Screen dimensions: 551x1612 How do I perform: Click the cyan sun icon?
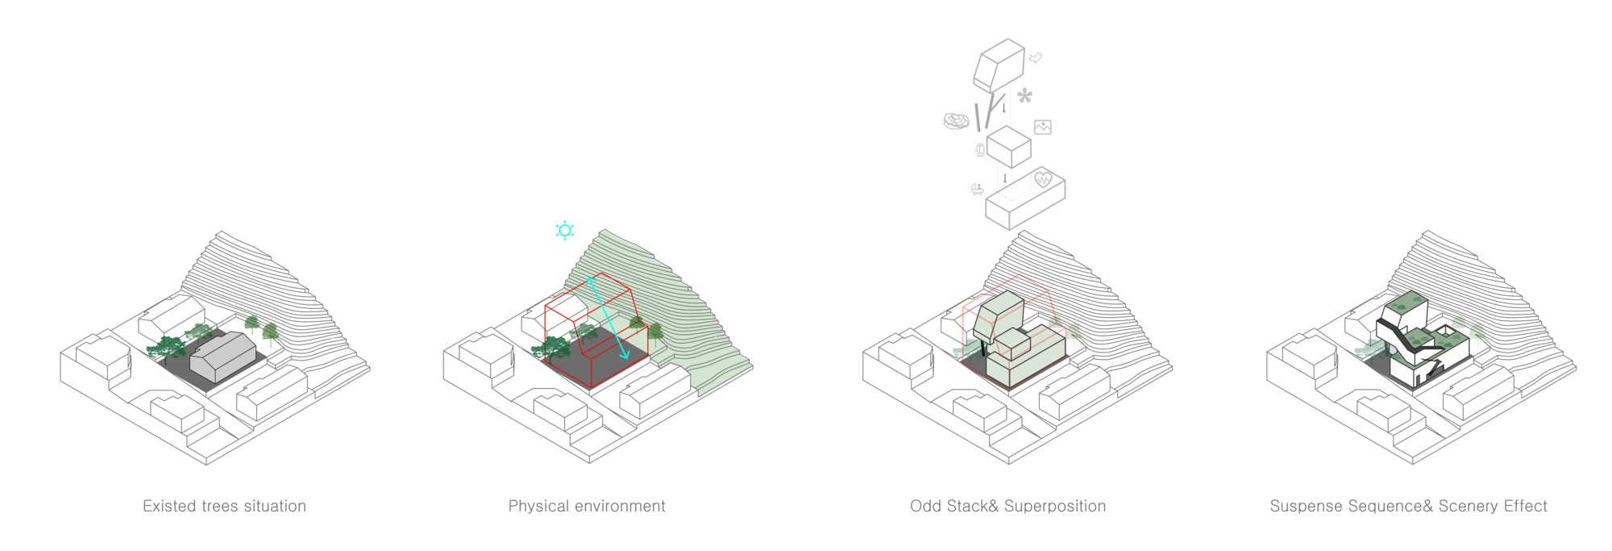pos(564,231)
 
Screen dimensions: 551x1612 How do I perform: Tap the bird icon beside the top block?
pos(1036,58)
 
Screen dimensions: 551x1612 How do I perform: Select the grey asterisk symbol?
pos(1024,96)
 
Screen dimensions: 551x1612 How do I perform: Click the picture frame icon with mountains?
pos(1043,127)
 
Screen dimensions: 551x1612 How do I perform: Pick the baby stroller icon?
pos(978,190)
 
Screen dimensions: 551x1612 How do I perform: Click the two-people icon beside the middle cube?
pos(980,149)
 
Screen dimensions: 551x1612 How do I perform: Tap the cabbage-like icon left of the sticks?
pos(957,121)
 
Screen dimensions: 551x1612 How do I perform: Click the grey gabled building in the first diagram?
pos(223,356)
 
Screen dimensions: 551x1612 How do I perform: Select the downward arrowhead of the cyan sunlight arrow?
pos(625,354)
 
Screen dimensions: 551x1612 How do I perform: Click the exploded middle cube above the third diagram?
pos(1009,148)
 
